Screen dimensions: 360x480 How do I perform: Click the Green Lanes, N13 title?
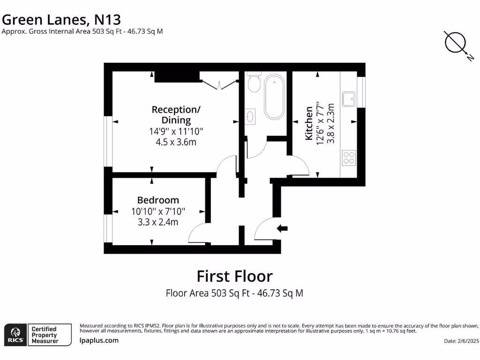62,20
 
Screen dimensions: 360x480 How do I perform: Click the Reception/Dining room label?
176,115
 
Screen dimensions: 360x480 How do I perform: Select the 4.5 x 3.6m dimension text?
176,142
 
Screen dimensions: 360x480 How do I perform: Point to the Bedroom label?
158,200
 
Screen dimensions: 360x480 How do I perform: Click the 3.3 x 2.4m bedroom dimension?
158,222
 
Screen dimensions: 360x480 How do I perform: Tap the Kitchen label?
309,123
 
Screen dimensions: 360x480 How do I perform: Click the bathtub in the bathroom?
274,97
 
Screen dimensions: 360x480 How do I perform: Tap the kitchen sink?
349,99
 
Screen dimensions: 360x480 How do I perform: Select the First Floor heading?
234,276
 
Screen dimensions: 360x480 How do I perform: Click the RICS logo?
15,335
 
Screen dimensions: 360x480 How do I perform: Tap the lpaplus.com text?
99,341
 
